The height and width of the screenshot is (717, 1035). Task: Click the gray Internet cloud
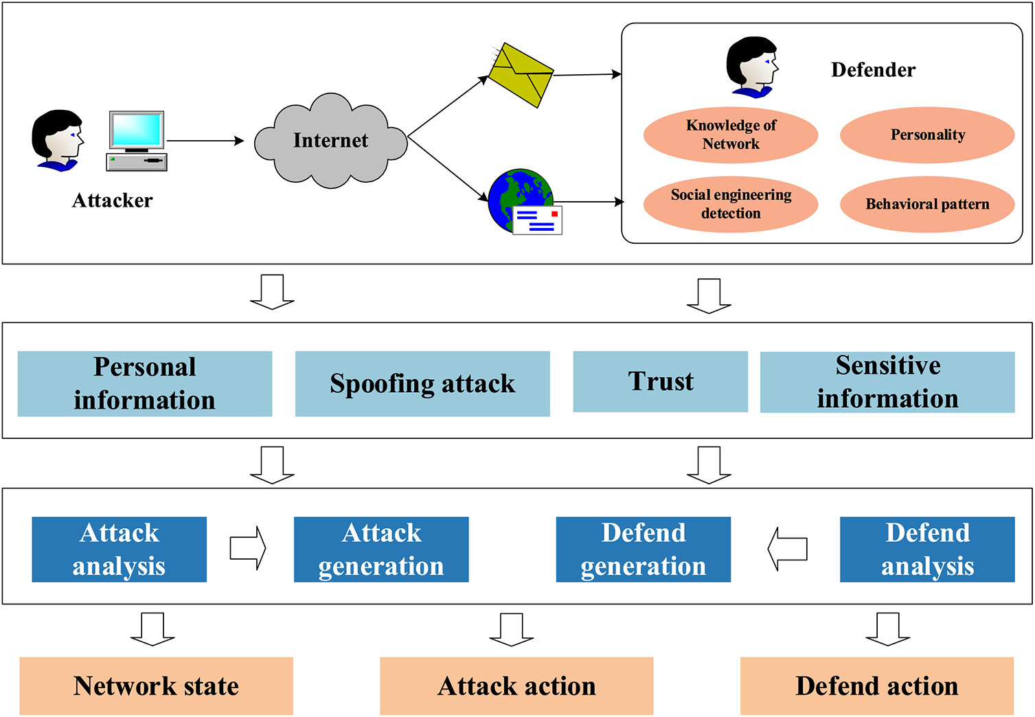330,141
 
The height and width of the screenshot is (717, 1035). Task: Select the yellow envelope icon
521,75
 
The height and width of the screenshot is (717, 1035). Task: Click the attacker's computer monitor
137,132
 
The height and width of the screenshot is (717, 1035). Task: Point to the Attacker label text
112,201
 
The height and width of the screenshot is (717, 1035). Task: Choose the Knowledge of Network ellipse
731,135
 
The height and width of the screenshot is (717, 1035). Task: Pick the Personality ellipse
927,135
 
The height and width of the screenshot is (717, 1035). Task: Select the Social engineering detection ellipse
731,204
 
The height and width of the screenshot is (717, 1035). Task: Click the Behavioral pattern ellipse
927,204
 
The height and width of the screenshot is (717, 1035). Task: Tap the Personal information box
145,383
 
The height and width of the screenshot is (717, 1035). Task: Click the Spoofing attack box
422,383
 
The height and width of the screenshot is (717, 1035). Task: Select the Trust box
660,381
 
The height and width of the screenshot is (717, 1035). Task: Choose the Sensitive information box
887,382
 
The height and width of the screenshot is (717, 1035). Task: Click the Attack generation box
381,549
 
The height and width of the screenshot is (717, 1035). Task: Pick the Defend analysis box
927,549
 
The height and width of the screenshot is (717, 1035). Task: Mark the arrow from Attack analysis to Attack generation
248,548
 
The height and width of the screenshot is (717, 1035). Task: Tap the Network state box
157,685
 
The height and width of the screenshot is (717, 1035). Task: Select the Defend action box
877,685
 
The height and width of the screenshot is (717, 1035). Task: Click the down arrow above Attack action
512,629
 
